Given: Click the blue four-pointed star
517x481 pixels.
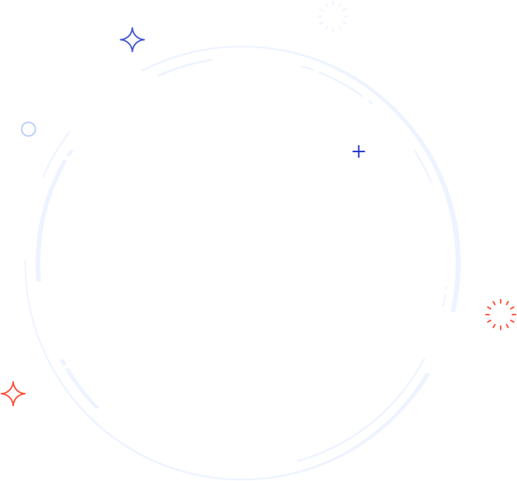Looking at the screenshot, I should pyautogui.click(x=133, y=40).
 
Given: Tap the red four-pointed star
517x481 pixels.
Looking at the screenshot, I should pyautogui.click(x=13, y=394).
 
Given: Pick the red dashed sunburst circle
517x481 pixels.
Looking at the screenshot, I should pyautogui.click(x=501, y=315).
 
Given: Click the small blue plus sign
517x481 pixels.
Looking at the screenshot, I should pyautogui.click(x=358, y=151).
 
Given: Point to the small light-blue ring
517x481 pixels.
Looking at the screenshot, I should pyautogui.click(x=29, y=130).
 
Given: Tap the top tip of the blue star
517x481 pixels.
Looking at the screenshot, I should pyautogui.click(x=133, y=28).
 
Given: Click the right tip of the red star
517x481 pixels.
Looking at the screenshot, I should pyautogui.click(x=25, y=394).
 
